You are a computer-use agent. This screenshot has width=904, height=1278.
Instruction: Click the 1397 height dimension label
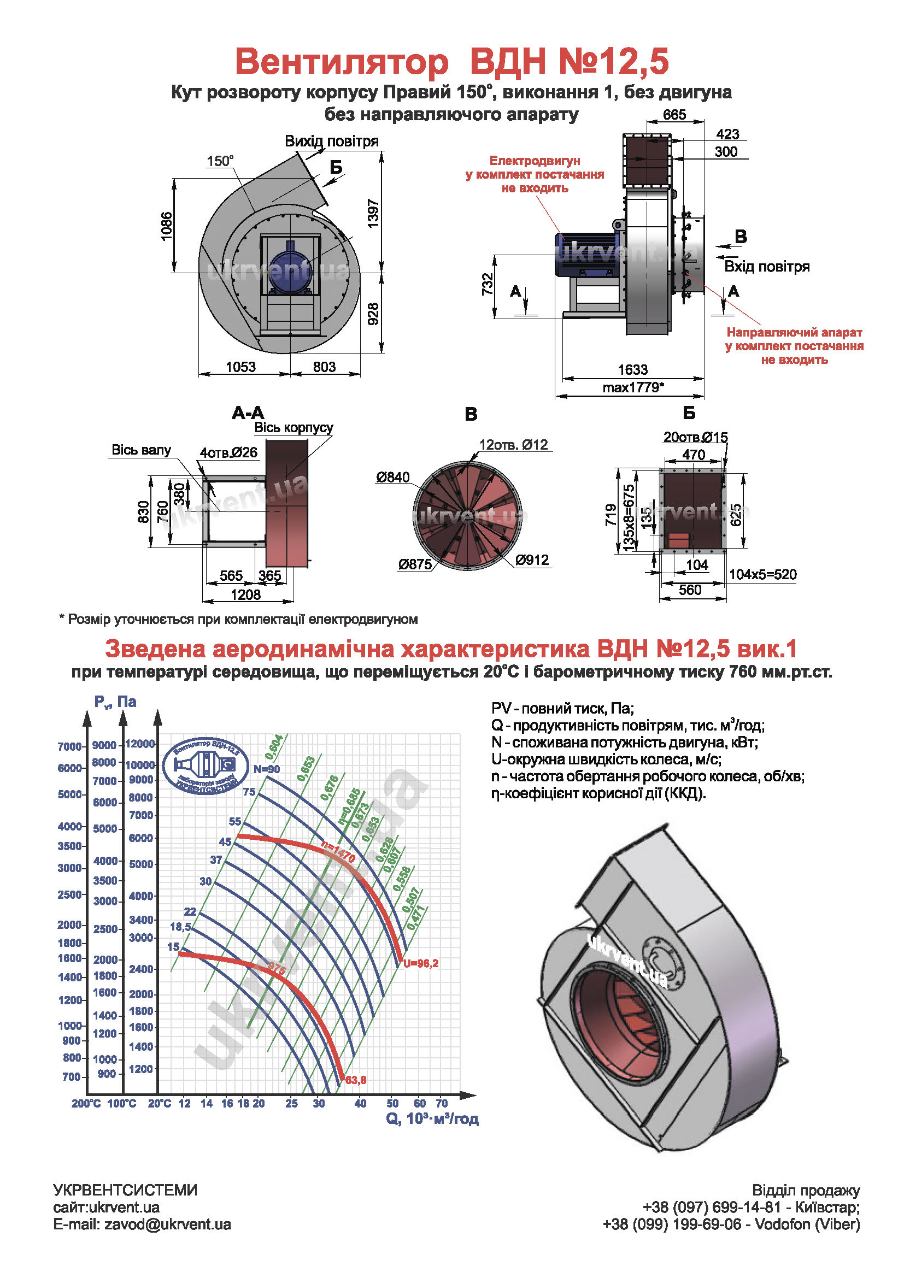373,213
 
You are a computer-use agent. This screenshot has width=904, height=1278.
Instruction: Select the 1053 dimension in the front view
240,367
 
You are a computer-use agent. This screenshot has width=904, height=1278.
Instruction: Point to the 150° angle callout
220,161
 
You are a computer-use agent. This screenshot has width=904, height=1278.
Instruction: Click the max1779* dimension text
633,387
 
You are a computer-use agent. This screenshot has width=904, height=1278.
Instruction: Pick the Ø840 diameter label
392,477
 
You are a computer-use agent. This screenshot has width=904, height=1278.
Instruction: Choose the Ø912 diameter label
532,560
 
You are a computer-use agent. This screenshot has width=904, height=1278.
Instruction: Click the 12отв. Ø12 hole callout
513,445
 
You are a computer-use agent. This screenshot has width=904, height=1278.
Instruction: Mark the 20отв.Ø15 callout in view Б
695,438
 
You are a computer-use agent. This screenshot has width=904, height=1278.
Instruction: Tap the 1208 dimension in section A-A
245,594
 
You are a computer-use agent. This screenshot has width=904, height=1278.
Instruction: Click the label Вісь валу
142,450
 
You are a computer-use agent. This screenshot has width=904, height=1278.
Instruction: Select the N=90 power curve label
267,769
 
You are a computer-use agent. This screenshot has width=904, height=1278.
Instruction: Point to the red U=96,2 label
421,963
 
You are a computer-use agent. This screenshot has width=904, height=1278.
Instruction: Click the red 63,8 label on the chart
356,1080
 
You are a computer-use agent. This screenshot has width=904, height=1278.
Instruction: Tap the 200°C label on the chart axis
86,1103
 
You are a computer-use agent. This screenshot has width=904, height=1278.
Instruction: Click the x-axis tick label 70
442,1103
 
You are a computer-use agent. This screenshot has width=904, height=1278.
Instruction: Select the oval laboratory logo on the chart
206,766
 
